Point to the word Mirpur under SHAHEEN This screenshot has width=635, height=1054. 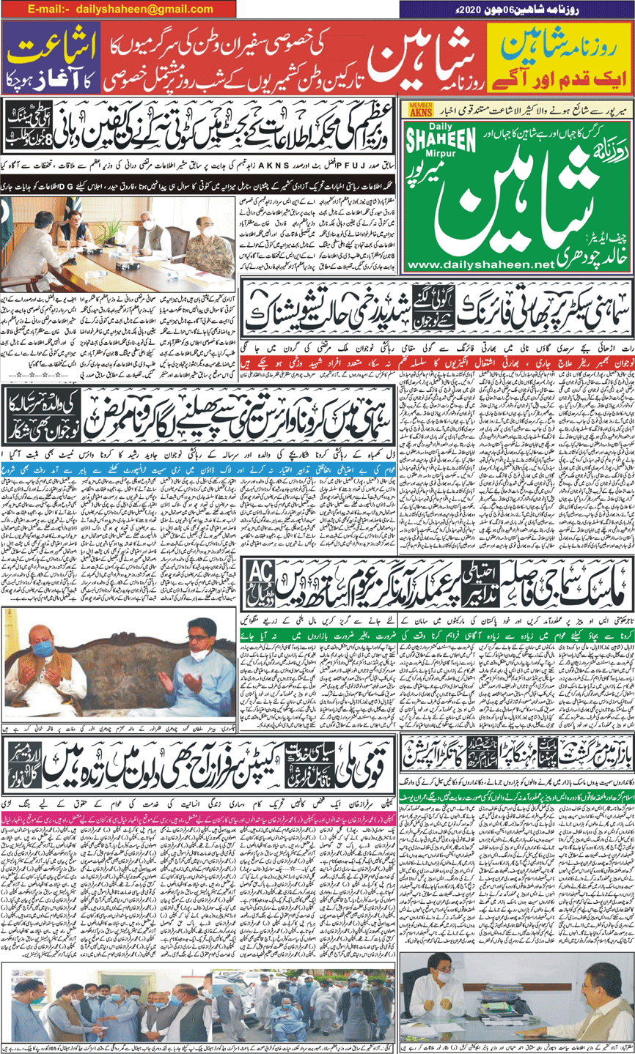click(452, 162)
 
